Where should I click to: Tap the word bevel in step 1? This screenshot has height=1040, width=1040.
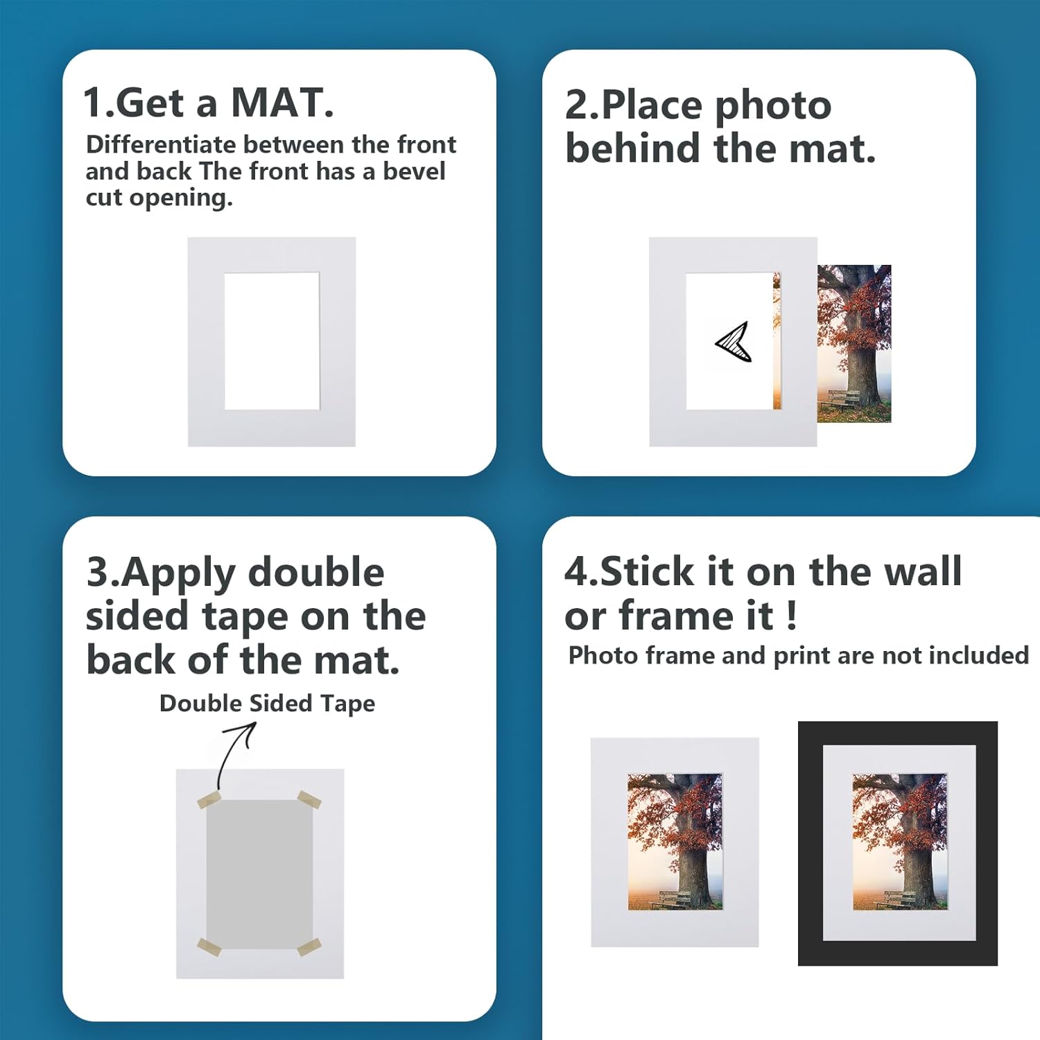[414, 171]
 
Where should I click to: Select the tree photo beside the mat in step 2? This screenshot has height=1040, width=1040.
[853, 343]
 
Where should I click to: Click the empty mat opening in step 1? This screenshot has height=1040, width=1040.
[272, 341]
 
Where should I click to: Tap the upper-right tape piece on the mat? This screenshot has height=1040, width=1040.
[309, 799]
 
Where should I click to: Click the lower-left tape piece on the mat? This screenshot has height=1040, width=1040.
[209, 946]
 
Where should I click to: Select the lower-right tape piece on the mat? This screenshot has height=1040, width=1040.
[309, 947]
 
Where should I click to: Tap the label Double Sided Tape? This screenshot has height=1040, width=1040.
[267, 704]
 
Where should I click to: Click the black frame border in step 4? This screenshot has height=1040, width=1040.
[810, 842]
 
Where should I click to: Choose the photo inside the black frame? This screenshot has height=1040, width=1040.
[899, 842]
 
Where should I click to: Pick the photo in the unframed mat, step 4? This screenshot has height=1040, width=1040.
[675, 842]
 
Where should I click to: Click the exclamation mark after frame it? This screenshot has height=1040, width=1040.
[792, 616]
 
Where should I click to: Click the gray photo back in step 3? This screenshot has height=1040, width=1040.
[259, 874]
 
